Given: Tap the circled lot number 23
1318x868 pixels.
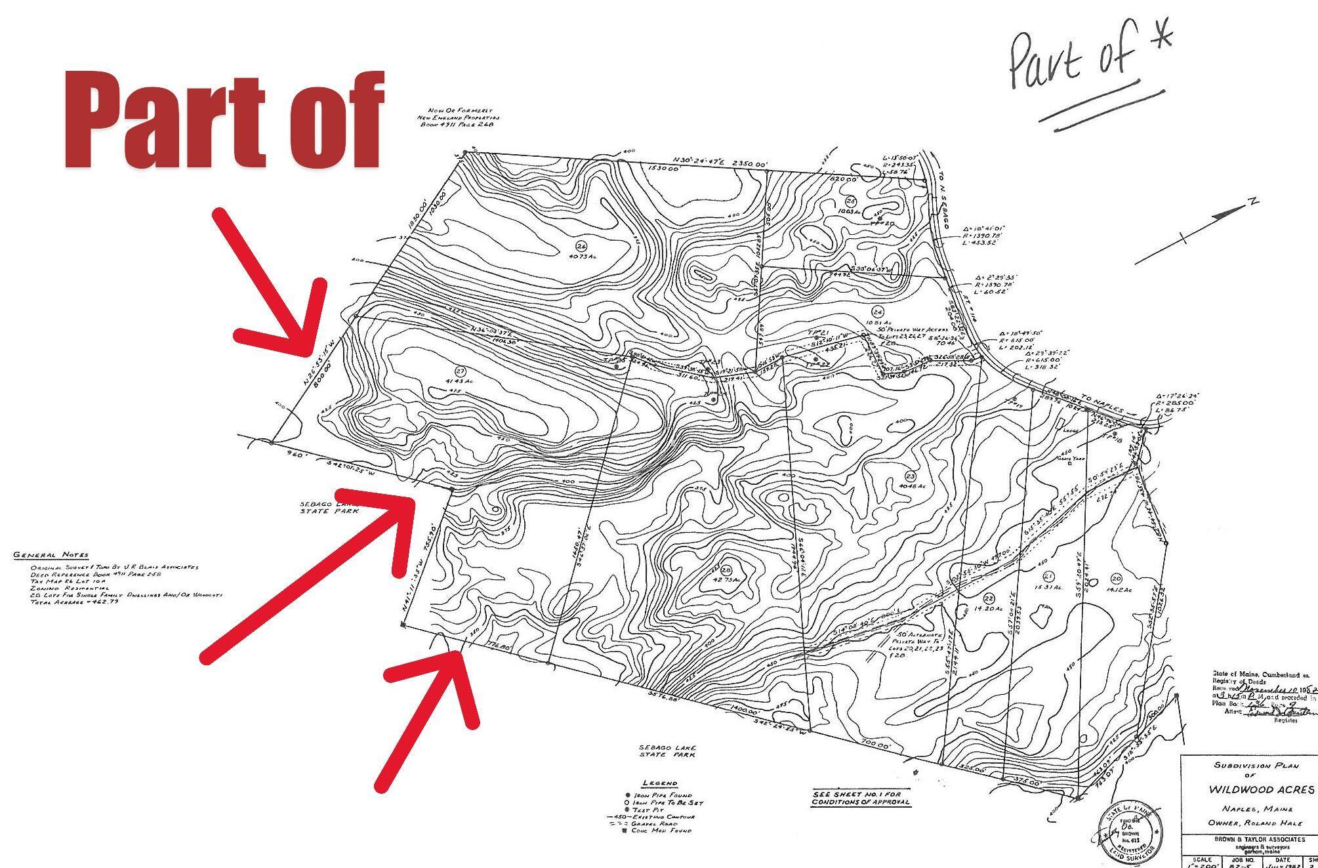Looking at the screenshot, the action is (x=910, y=476).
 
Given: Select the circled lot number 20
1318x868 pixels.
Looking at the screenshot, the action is (x=1116, y=578).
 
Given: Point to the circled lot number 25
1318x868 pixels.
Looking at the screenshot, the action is (x=851, y=201).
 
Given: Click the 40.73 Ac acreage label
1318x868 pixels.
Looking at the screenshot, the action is (x=581, y=257).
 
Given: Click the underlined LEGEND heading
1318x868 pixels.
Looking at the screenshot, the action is (x=660, y=783).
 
